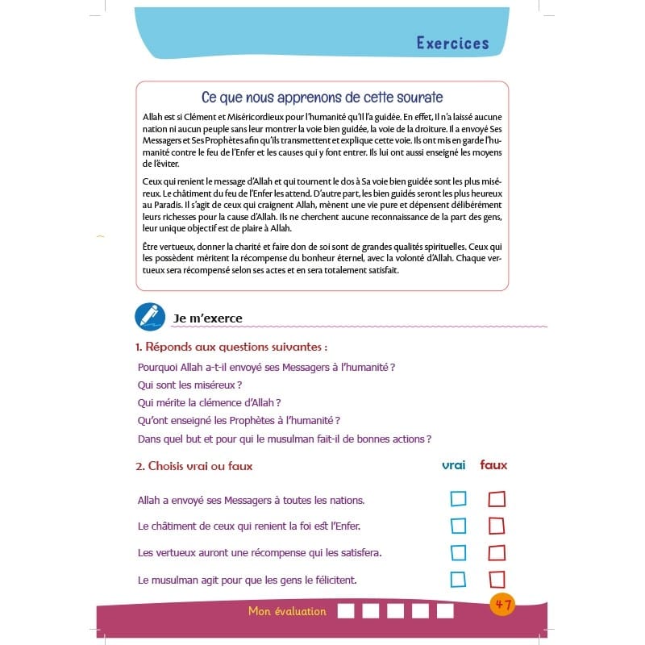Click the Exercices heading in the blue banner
[x=452, y=43]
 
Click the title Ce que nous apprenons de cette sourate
[x=322, y=98]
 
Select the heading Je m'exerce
[x=207, y=318]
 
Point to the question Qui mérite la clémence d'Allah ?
[x=209, y=402]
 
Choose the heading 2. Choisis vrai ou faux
[x=194, y=466]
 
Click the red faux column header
[x=493, y=465]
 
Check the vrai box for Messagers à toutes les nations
[x=458, y=499]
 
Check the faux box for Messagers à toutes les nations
[x=497, y=499]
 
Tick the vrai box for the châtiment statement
[x=458, y=526]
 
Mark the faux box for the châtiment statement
[x=497, y=526]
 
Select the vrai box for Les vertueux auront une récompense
[x=458, y=552]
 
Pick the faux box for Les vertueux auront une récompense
[x=497, y=552]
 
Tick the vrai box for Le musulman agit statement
[x=458, y=579]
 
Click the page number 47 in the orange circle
[x=502, y=604]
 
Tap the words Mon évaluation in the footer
[x=287, y=611]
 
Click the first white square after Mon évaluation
[x=345, y=610]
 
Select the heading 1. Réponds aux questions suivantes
[x=231, y=347]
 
